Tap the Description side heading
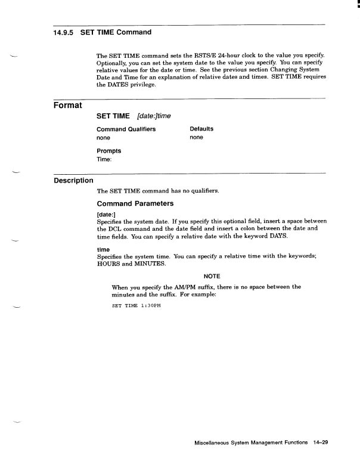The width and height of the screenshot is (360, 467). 73,180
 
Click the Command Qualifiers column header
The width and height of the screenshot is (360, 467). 126,129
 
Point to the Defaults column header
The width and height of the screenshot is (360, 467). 201,129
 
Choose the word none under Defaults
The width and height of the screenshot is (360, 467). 196,138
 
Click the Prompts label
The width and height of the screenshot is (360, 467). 108,151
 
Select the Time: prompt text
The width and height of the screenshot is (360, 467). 104,160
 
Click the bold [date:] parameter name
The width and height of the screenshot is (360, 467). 106,214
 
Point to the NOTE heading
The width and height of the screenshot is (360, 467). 212,276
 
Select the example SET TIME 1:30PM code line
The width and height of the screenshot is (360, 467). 136,305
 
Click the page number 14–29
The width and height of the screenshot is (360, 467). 320,443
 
